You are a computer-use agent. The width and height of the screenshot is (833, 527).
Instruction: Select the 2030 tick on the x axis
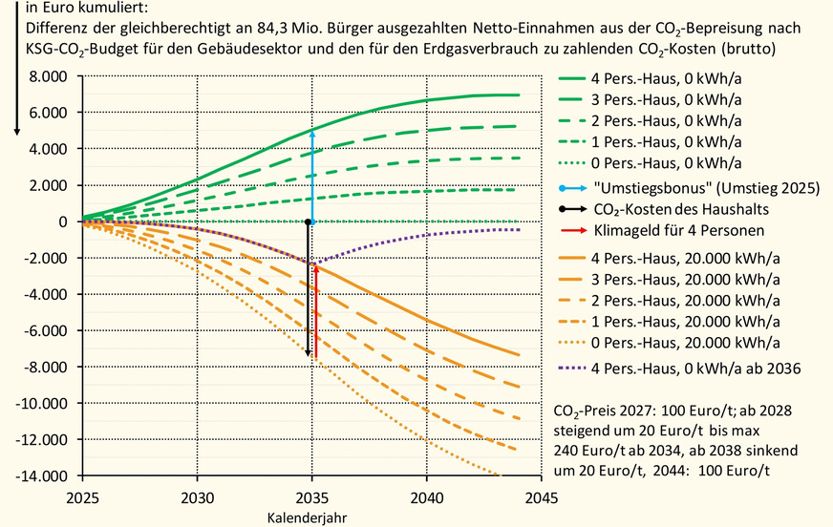coord(197,497)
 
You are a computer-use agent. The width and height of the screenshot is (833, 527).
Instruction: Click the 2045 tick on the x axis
coord(540,497)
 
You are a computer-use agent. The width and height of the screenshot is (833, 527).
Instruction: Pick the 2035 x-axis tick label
coord(311,497)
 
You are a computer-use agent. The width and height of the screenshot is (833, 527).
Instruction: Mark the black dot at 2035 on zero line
coord(309,221)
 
